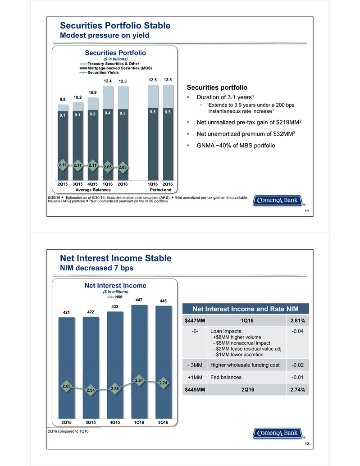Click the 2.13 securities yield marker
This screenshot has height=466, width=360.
click(62, 165)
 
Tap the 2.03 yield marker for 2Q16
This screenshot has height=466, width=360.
click(123, 167)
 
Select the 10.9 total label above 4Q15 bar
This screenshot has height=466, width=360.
click(92, 91)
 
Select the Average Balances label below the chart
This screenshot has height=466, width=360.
click(93, 190)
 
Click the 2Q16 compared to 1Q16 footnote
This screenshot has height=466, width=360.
click(68, 432)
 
